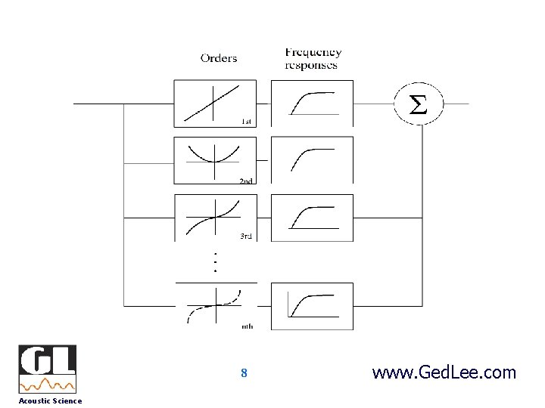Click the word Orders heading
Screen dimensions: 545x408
point(219,58)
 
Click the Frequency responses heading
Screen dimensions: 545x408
point(313,58)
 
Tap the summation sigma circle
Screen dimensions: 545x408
point(417,104)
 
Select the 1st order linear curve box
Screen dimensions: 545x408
point(215,104)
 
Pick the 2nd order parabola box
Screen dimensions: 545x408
point(215,159)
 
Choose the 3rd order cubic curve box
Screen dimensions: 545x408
point(215,217)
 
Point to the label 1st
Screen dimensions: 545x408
point(247,122)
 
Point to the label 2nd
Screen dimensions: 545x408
point(247,181)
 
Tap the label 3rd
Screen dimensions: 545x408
point(246,236)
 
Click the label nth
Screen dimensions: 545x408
point(248,326)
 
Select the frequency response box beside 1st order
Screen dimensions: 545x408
point(311,104)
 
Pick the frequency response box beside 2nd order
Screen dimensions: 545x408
point(311,159)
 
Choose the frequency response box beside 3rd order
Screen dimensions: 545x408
point(311,217)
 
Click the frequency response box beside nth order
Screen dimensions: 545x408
point(311,306)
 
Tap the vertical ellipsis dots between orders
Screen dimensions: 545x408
point(215,261)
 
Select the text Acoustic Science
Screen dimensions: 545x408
point(50,400)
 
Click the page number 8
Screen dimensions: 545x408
point(244,373)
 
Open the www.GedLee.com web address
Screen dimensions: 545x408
point(444,372)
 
